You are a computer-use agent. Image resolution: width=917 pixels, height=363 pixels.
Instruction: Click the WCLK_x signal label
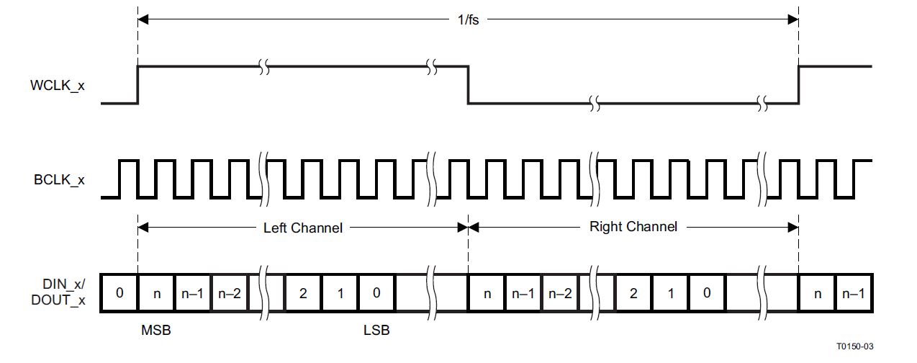tap(57, 85)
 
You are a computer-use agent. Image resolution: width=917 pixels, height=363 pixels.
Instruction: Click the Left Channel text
tap(302, 228)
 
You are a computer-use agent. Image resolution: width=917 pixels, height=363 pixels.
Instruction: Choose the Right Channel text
tap(633, 227)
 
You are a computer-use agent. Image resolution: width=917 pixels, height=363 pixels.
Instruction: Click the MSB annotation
tap(155, 331)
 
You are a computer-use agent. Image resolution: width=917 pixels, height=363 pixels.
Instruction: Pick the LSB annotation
tap(376, 331)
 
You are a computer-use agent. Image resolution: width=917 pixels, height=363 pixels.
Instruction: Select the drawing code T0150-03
tap(855, 347)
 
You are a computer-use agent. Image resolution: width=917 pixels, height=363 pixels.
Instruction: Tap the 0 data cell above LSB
tap(376, 293)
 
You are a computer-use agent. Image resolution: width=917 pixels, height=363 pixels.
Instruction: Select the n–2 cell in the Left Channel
tap(229, 293)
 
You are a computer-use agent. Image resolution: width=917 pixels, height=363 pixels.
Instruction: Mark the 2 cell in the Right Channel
tap(634, 293)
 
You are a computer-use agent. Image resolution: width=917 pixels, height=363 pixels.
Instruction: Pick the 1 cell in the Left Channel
tap(340, 293)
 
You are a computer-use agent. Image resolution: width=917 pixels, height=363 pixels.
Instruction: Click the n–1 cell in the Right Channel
tap(523, 293)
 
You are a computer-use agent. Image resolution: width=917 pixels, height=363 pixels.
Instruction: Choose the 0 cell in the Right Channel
tap(708, 293)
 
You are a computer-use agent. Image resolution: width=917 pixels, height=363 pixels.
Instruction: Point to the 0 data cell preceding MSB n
tap(119, 293)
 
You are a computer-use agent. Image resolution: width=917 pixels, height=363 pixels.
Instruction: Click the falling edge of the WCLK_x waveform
tap(469, 85)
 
